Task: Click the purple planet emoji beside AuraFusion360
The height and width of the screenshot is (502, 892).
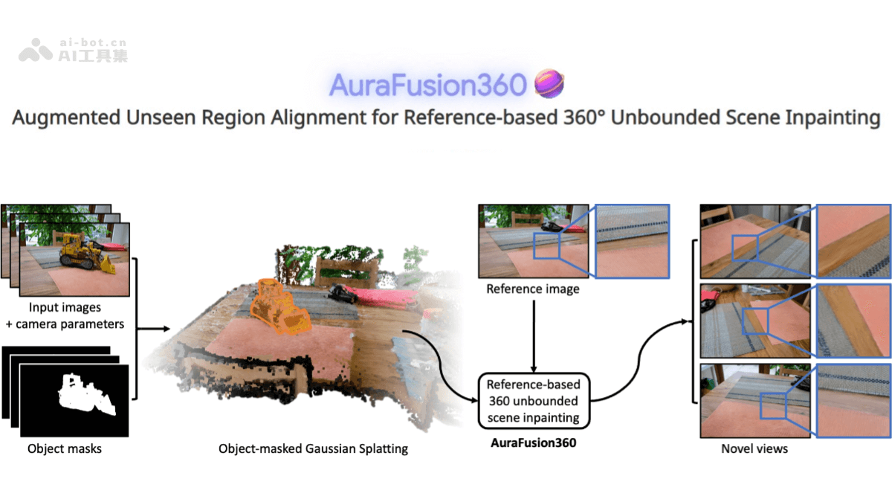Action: coord(549,83)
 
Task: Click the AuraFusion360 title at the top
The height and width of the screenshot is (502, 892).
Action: coord(428,86)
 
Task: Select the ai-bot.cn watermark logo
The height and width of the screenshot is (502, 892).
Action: coord(72,51)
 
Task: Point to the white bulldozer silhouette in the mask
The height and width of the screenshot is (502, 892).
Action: coord(84,398)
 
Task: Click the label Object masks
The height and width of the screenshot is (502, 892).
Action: coord(65,448)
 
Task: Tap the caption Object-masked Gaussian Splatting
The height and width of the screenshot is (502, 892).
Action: coord(313,448)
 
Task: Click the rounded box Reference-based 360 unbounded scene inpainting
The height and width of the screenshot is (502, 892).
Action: coord(533,401)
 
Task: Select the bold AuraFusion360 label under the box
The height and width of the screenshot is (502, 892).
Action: coord(533,443)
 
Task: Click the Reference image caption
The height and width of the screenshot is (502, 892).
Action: coord(532,288)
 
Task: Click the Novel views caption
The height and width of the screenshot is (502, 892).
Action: coord(754,448)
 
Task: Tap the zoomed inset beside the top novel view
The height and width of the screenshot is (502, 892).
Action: coord(853,241)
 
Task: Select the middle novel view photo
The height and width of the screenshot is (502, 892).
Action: coord(755,321)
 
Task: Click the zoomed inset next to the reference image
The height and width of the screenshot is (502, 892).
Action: coord(632,240)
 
